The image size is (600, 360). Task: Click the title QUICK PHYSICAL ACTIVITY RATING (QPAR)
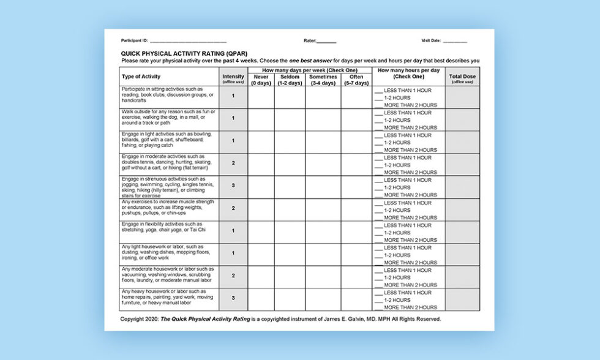pos(175,53)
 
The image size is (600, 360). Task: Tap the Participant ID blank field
pos(184,41)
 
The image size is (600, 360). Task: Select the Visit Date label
pos(431,40)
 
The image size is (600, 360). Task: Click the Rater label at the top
pos(310,40)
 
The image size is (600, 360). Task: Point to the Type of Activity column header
pos(141,77)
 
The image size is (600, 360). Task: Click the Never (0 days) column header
pos(261,80)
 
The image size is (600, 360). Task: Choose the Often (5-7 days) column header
pos(356,80)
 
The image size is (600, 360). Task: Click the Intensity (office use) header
pos(233,78)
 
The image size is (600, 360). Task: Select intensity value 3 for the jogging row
pos(233,186)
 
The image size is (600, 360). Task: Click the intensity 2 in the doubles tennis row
pos(233,163)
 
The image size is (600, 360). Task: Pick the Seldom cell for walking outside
pos(290,118)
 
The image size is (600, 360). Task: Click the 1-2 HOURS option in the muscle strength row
pos(396,210)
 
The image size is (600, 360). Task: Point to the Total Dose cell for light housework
pos(462,253)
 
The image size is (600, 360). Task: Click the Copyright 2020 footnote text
pos(280,319)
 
